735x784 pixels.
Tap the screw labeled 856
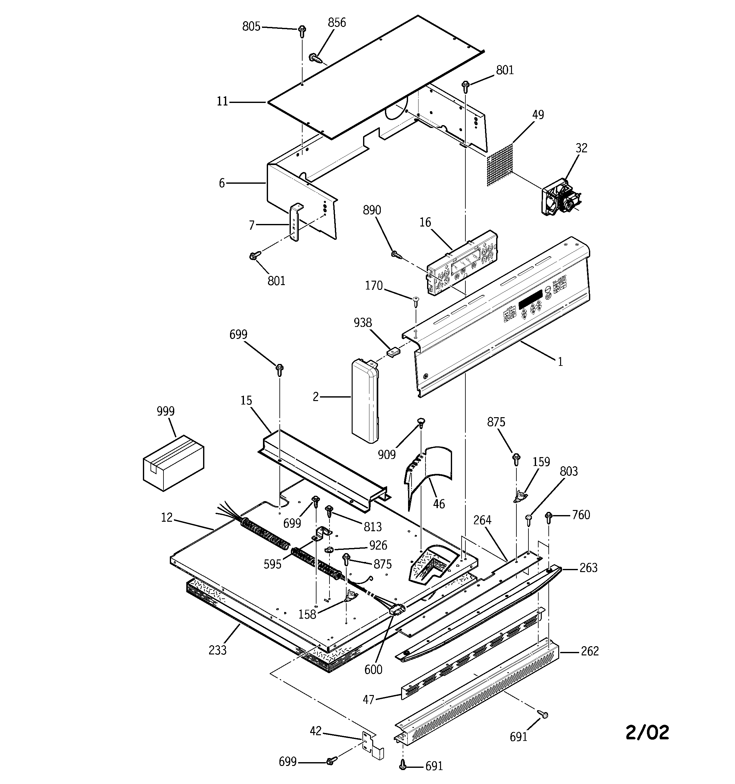click(315, 58)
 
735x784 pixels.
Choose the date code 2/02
click(647, 733)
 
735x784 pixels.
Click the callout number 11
click(222, 102)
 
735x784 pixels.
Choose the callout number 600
click(373, 670)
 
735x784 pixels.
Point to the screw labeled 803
click(529, 519)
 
